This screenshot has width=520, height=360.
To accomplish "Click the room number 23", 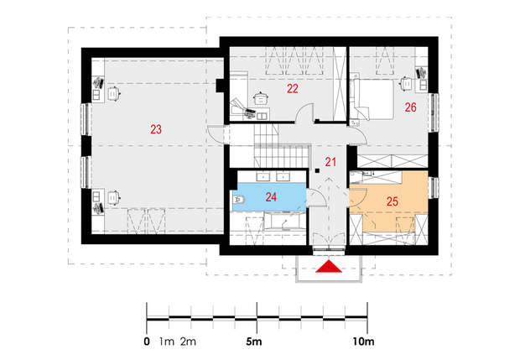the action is click(x=156, y=129).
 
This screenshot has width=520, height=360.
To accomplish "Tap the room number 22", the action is click(x=293, y=89).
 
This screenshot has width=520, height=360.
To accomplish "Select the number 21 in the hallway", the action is click(x=330, y=162).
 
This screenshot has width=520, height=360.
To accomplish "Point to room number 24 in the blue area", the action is click(x=271, y=197).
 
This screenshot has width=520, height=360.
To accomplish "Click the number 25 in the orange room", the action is click(x=393, y=201).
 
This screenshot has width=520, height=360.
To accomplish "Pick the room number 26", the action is click(x=410, y=107).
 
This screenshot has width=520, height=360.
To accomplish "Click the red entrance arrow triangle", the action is click(x=328, y=266).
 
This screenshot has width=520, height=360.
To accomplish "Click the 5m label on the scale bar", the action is click(x=253, y=342).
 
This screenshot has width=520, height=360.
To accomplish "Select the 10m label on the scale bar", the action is click(x=363, y=342).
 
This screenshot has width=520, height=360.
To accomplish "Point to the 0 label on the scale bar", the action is click(x=147, y=342).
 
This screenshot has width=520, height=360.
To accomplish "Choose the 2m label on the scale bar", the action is click(x=188, y=342).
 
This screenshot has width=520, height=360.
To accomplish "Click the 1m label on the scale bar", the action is click(x=166, y=342).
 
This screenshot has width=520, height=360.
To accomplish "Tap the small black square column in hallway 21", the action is click(x=317, y=171).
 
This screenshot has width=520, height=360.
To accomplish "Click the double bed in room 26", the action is click(x=372, y=99).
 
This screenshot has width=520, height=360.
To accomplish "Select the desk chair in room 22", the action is click(x=261, y=98).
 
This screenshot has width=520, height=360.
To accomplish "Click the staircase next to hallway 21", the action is click(x=282, y=146).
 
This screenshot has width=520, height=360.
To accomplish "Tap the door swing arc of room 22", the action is click(x=304, y=112).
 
